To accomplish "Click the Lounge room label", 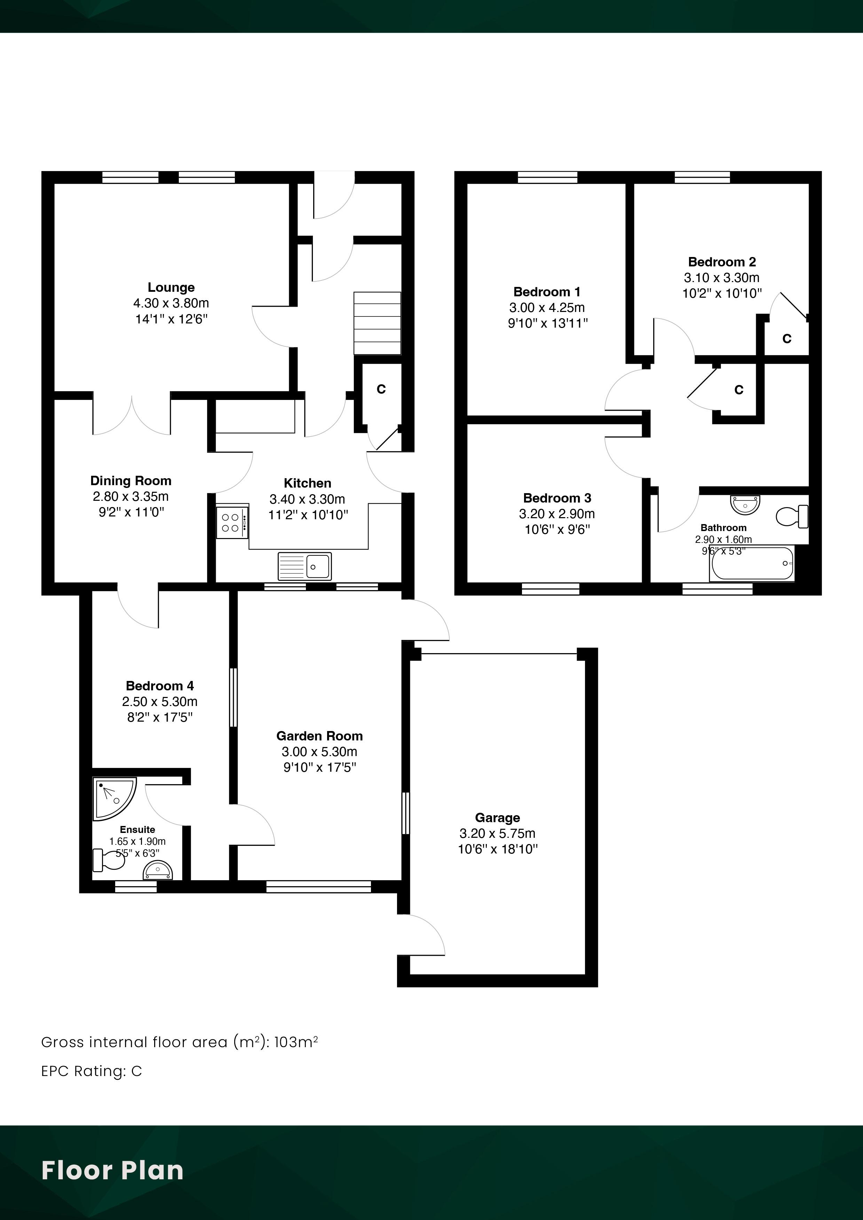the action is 171,288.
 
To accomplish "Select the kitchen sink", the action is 304,566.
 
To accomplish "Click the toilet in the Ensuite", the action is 109,860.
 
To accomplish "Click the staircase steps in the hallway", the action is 377,323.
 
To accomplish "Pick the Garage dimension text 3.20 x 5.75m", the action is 497,833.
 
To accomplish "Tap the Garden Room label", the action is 319,736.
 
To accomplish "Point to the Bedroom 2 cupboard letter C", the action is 787,338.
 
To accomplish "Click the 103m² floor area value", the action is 296,1042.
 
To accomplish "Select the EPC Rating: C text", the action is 92,1071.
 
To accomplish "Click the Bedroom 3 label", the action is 557,498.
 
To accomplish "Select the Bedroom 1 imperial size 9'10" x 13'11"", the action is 548,323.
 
